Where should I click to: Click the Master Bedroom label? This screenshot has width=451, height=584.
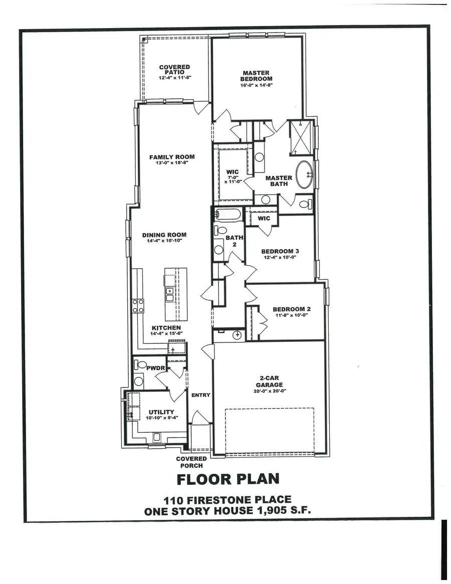tap(256, 76)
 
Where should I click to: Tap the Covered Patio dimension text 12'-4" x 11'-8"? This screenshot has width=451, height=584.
tap(174, 78)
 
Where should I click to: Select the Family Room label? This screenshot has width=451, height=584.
tap(172, 157)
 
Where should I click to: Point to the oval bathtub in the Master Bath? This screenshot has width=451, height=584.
tap(304, 174)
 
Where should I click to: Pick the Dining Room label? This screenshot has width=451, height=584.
tap(164, 235)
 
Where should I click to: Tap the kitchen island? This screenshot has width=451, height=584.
tap(176, 295)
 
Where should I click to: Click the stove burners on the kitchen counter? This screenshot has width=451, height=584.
tap(138, 306)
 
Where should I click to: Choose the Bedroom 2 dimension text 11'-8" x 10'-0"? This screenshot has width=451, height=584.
tap(289, 315)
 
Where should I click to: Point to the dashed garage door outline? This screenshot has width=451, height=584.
tap(269, 430)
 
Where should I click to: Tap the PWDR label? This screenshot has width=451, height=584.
tap(155, 368)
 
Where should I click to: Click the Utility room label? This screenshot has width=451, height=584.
tap(161, 412)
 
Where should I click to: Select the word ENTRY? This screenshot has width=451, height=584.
tap(200, 395)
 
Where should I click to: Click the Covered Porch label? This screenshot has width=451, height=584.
tap(191, 462)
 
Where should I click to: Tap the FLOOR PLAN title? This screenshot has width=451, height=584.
tap(228, 479)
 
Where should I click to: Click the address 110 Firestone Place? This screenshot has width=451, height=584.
tap(227, 500)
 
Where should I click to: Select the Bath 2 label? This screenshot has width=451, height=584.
tap(231, 241)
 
